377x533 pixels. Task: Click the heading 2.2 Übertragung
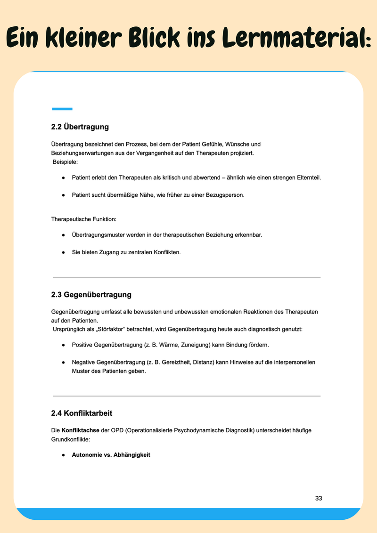(80, 127)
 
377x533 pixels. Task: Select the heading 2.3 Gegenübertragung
(91, 295)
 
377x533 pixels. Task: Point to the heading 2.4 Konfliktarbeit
(82, 413)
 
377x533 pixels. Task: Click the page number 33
(319, 498)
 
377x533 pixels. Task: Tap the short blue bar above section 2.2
(62, 109)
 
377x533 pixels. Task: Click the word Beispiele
(66, 162)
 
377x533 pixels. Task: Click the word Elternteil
(307, 178)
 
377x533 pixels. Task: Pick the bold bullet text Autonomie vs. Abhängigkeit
(111, 455)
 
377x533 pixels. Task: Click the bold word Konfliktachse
(79, 430)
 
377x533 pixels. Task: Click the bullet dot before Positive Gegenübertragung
(63, 345)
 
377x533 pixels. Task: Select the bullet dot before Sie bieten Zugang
(63, 252)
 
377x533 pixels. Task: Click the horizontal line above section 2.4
(187, 396)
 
